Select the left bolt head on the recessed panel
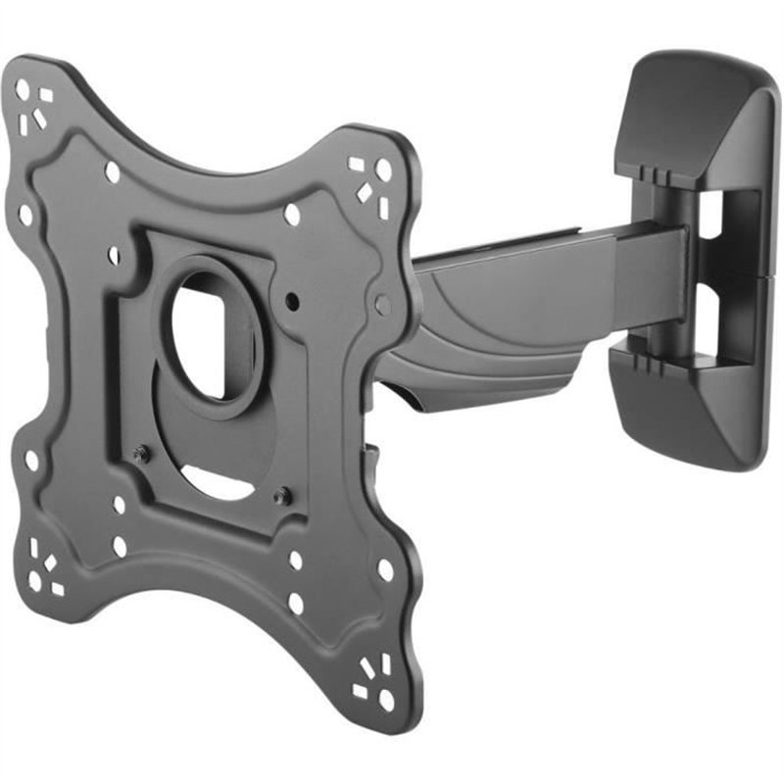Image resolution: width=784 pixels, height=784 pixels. coord(141,453)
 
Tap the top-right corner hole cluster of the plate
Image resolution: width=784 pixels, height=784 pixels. coord(370,181)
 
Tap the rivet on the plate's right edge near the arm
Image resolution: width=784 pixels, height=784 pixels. coord(382,305)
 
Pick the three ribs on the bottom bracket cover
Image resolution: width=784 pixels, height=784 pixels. coord(648,363)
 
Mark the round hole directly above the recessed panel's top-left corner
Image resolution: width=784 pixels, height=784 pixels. coord(113,172)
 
